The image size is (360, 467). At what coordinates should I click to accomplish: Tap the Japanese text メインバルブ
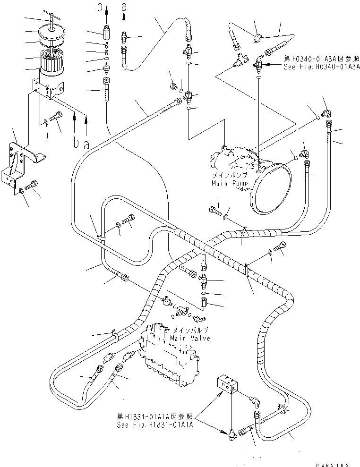(x=189, y=330)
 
